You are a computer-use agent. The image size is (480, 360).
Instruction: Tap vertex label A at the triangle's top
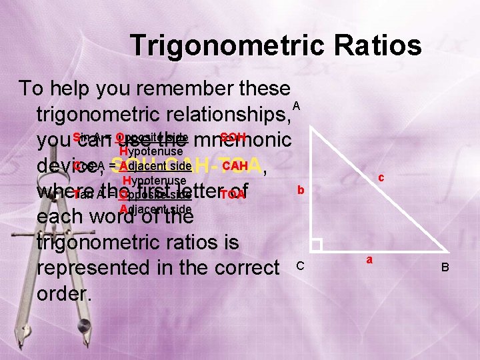pyautogui.click(x=297, y=107)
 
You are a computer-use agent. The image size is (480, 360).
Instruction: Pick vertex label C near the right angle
pyautogui.click(x=300, y=266)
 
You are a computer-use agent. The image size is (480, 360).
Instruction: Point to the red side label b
pyautogui.click(x=301, y=191)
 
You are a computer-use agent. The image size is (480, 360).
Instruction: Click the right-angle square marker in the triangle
pyautogui.click(x=316, y=245)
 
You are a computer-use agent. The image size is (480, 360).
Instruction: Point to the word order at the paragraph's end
pyautogui.click(x=65, y=293)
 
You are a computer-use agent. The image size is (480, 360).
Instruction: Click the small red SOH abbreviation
pyautogui.click(x=233, y=136)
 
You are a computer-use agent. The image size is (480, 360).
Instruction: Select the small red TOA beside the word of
pyautogui.click(x=233, y=195)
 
